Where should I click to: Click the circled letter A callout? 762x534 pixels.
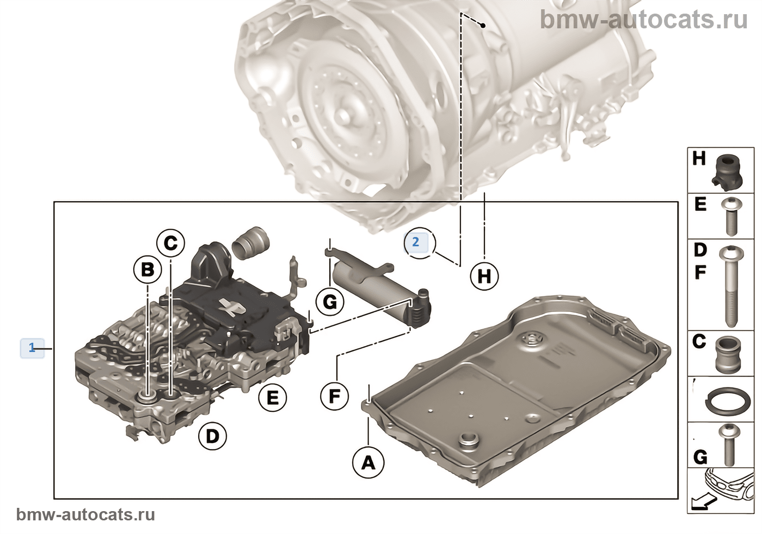tap(368, 463)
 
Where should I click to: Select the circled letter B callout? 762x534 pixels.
tap(148, 270)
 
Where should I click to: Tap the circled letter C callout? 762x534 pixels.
tap(171, 242)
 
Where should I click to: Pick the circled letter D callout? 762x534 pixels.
tap(212, 435)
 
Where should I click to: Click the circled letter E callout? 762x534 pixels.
tap(272, 398)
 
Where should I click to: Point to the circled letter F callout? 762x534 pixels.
tap(334, 396)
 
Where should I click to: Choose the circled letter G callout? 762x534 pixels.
tap(330, 301)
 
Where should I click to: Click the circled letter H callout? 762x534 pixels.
tap(484, 276)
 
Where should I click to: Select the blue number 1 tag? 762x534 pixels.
tap(32, 348)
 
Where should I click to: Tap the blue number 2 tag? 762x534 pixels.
tap(416, 242)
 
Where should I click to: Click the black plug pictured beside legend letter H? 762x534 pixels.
tap(726, 169)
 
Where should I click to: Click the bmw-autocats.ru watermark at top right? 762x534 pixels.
tap(644, 20)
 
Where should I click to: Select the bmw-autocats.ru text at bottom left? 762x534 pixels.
tap(85, 515)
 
